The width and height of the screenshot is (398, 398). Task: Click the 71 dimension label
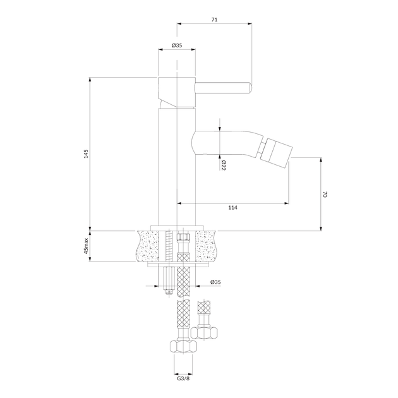point(215,20)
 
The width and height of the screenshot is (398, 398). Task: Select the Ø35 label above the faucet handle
point(177,45)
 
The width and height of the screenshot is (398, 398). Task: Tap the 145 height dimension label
point(86,154)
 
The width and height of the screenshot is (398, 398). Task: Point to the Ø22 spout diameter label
point(223,166)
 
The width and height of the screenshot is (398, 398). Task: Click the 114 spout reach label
point(232,208)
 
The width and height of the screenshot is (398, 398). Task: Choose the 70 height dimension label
point(325,195)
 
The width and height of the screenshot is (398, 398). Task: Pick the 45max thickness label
point(86,246)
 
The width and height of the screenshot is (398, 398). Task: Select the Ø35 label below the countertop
point(215,282)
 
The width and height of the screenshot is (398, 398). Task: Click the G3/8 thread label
point(183,378)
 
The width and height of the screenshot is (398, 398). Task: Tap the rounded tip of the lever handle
point(250,88)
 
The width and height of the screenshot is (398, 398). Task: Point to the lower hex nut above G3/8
point(183,347)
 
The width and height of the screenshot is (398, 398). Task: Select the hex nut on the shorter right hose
point(204,333)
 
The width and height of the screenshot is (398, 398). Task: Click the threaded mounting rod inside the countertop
point(168,246)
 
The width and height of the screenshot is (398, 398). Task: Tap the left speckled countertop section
point(147,246)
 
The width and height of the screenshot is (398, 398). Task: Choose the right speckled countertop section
point(207,246)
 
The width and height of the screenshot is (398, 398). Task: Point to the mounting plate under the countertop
point(178,265)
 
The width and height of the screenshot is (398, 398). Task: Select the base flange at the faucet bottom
point(177,227)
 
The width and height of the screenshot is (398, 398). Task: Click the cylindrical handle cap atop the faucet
point(177,92)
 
